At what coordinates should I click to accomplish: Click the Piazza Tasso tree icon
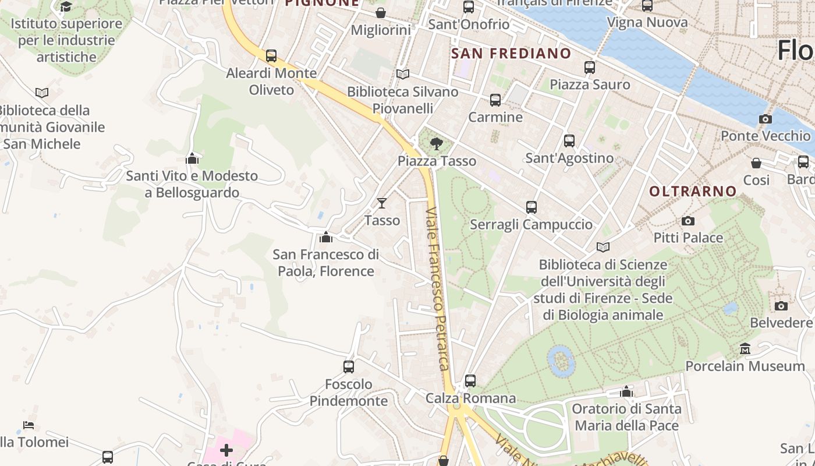click(436, 143)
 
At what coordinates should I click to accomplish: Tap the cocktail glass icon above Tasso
click(382, 203)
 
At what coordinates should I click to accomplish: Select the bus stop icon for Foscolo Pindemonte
click(349, 366)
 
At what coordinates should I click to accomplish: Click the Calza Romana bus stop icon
click(470, 381)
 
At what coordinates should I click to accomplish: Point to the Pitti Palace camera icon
click(688, 221)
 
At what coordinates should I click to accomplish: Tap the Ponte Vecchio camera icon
click(766, 119)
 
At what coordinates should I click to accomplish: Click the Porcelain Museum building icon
click(745, 349)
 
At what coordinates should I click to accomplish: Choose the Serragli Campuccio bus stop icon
click(531, 207)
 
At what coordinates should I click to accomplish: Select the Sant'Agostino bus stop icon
click(569, 140)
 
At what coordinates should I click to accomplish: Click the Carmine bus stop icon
click(495, 100)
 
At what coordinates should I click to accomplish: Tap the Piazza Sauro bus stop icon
click(590, 67)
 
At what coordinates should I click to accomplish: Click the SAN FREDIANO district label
click(511, 54)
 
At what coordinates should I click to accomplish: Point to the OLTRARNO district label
click(693, 191)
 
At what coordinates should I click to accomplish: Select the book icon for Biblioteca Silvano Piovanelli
click(402, 74)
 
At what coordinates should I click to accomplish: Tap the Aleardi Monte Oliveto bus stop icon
click(271, 55)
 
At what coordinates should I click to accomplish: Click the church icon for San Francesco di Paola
click(326, 237)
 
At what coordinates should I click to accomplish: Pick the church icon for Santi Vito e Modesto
click(192, 158)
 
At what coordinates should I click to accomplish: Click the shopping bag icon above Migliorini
click(381, 12)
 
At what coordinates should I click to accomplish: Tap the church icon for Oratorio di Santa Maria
click(626, 391)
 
